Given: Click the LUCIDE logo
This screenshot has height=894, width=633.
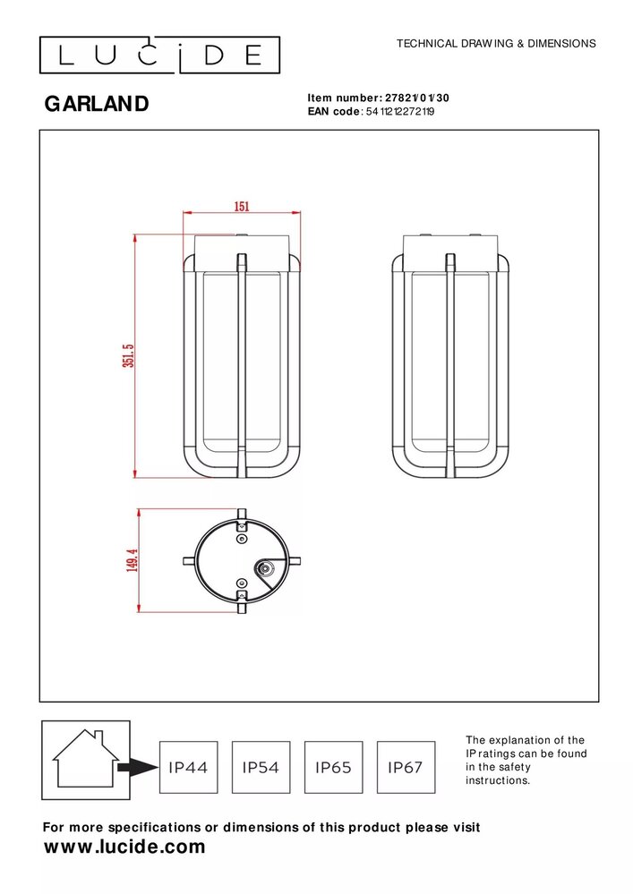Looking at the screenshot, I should [x=159, y=55].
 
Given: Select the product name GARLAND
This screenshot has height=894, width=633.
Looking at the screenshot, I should [x=97, y=105].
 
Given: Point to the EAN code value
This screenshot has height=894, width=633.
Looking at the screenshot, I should [x=400, y=112].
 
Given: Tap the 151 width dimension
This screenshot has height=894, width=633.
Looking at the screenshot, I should [x=242, y=206].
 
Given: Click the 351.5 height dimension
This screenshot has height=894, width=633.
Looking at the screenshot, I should [x=128, y=356].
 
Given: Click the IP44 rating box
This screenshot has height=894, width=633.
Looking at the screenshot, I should [x=188, y=767].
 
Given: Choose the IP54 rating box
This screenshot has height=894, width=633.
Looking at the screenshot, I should [x=261, y=767].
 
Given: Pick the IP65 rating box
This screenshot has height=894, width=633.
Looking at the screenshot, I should [x=333, y=767].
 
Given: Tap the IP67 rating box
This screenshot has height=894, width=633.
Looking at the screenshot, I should [x=406, y=767].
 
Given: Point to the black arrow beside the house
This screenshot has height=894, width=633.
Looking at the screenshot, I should [x=136, y=767].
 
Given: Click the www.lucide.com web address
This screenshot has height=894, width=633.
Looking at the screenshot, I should [x=124, y=847].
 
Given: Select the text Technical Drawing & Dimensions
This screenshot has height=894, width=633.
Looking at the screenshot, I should [x=495, y=43].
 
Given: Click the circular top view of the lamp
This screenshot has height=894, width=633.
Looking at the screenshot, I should [x=240, y=561].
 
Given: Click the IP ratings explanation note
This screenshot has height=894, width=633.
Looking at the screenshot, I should [x=525, y=761].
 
